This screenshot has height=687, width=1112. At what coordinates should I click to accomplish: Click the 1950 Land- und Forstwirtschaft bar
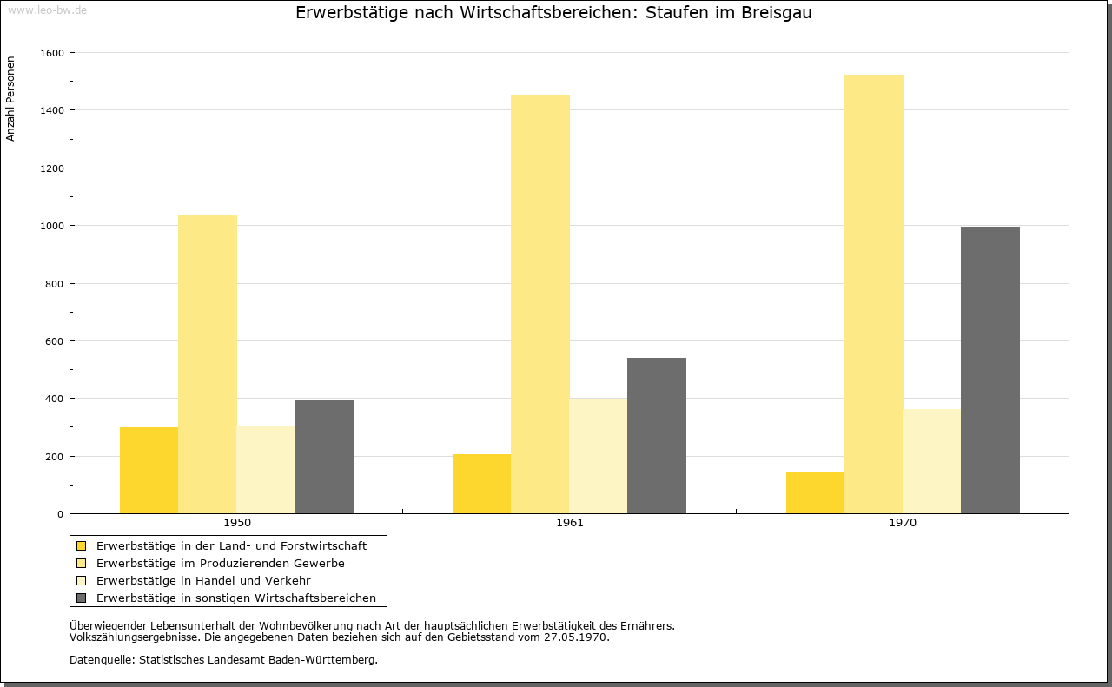coord(149,470)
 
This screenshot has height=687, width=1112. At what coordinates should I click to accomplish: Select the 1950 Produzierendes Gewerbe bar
coord(208,364)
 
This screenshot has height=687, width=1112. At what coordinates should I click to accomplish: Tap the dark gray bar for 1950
coord(324,456)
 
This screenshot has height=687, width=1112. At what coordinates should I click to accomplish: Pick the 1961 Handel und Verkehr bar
coord(599,456)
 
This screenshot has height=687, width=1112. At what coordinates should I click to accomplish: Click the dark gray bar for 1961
coord(657,435)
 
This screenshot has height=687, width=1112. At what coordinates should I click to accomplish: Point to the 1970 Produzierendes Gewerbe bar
coord(874,294)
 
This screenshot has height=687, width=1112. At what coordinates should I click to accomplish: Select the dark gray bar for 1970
coord(990,370)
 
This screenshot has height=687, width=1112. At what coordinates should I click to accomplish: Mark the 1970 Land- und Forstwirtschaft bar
coord(815,493)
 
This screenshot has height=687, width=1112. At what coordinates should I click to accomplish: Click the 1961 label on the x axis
coord(570,523)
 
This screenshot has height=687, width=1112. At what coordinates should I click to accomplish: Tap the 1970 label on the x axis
coord(903,523)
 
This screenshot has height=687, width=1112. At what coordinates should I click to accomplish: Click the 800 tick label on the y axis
coord(55,284)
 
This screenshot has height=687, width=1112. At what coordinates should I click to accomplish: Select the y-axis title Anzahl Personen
coord(10,99)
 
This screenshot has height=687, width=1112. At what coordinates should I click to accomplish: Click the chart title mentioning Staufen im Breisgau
coord(553,12)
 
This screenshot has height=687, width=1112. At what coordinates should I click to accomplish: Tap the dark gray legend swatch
coord(81,598)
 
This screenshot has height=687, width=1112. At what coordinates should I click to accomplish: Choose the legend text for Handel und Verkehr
coord(203,580)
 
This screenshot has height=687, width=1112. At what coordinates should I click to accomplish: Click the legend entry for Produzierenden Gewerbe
coord(221,563)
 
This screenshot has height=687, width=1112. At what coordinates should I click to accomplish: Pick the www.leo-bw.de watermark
coord(47,10)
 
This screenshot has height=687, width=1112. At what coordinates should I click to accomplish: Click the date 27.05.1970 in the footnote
coord(576,637)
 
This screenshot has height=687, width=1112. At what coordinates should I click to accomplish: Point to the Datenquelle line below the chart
coord(223,660)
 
